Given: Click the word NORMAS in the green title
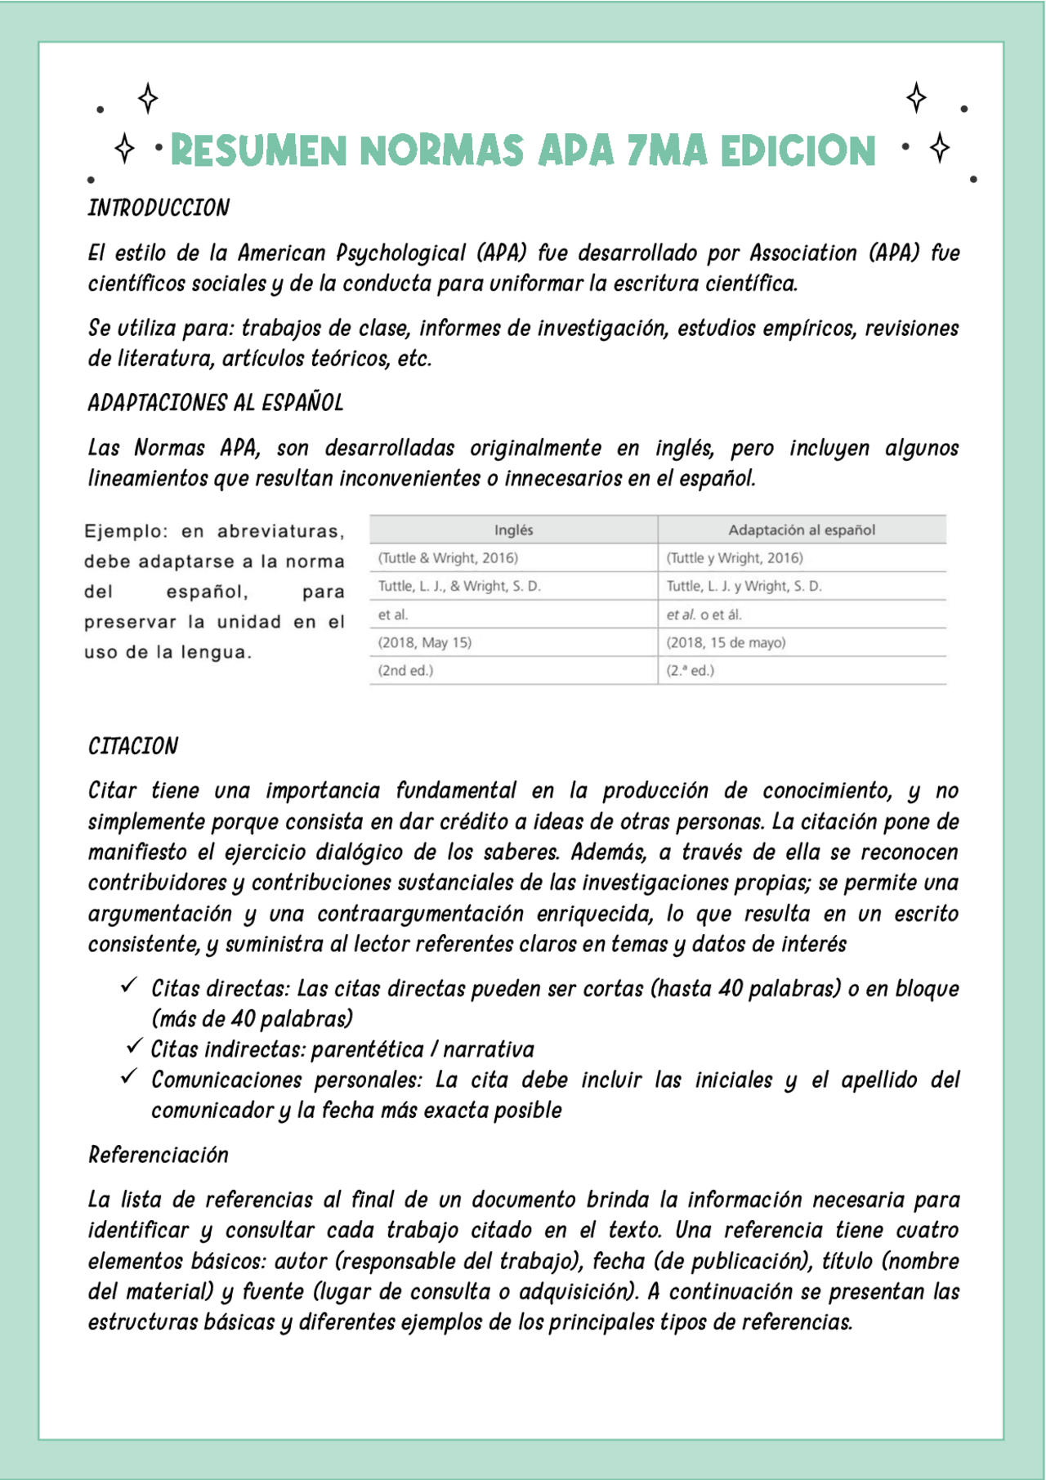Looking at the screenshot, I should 441,151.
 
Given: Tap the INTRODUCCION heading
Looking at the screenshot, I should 159,208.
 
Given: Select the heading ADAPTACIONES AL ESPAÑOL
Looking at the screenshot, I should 216,403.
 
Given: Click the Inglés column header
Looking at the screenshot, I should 513,530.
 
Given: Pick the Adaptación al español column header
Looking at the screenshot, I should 802,530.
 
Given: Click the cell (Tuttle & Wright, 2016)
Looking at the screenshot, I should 448,558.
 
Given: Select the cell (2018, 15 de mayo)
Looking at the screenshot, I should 726,642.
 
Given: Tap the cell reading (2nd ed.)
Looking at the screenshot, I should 405,670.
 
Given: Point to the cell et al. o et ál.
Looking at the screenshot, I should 704,615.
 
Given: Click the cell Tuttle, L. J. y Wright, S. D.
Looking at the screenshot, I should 744,586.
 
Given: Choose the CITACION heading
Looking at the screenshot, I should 133,746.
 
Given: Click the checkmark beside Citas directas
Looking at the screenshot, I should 128,986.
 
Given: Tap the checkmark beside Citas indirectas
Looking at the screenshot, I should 134,1047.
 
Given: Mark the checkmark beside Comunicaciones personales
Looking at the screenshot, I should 128,1077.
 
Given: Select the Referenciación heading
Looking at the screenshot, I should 159,1155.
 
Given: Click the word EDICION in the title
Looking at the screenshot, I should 798,151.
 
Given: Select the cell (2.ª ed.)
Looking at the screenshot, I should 690,670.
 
